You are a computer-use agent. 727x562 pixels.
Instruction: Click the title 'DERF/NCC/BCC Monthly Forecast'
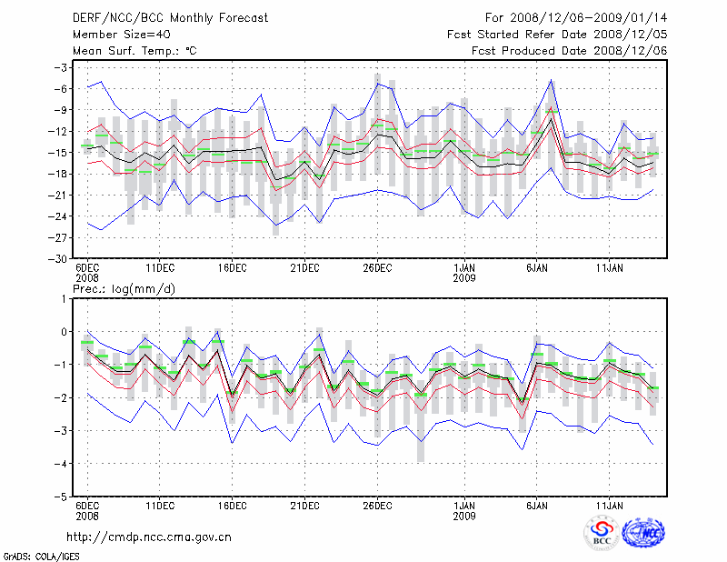click(x=159, y=18)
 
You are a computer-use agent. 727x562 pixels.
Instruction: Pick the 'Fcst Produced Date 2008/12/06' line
click(x=569, y=51)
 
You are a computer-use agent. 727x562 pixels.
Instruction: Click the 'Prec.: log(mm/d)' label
click(x=120, y=289)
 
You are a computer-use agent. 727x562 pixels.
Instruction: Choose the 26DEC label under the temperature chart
click(x=377, y=267)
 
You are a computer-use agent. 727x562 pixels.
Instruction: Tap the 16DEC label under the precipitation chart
click(x=232, y=507)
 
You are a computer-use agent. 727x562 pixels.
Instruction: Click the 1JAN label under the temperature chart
click(x=464, y=267)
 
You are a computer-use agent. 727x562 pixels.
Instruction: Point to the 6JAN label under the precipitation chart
click(x=537, y=507)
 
